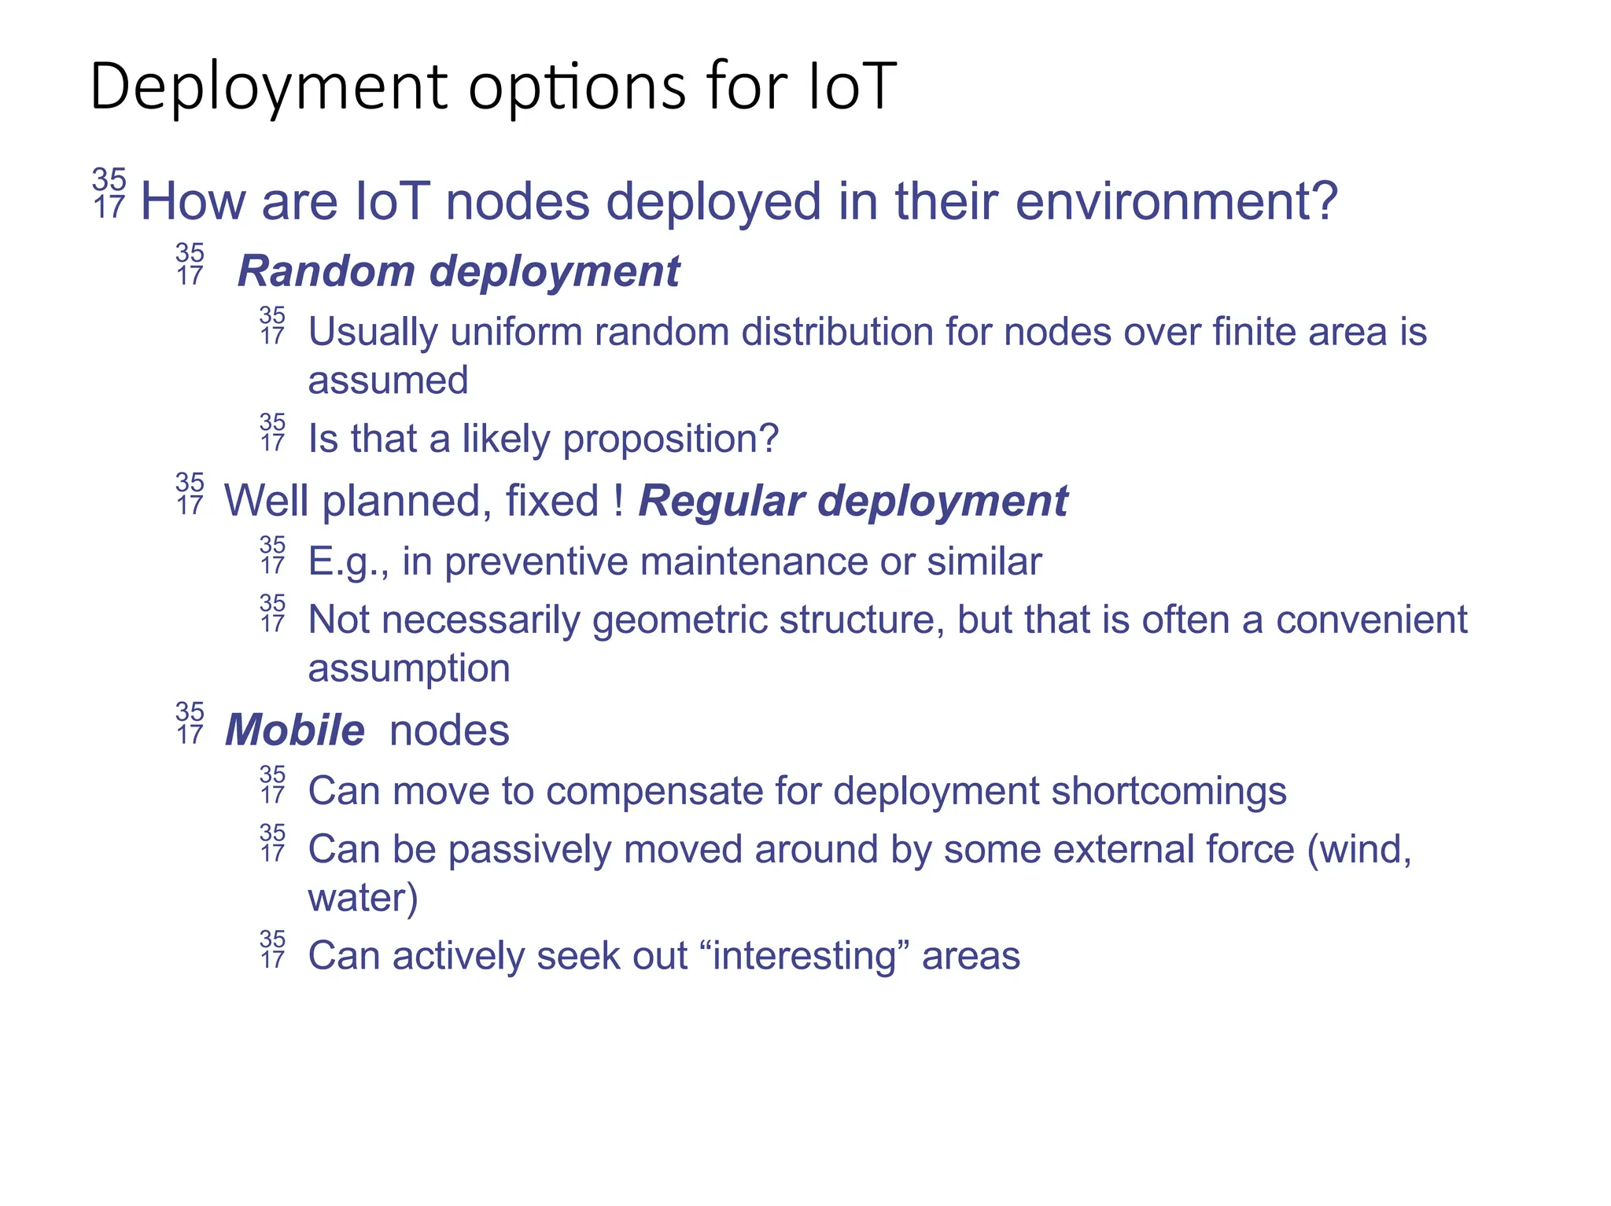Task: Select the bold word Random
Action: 326,271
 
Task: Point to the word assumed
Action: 388,381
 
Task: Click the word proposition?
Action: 670,439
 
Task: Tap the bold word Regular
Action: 721,501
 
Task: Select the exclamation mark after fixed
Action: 619,501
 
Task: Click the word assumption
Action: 409,668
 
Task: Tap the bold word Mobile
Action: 295,730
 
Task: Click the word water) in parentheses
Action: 363,898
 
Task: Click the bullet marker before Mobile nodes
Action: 190,723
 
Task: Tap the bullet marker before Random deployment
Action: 190,264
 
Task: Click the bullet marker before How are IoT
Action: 109,193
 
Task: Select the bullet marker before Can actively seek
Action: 273,949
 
